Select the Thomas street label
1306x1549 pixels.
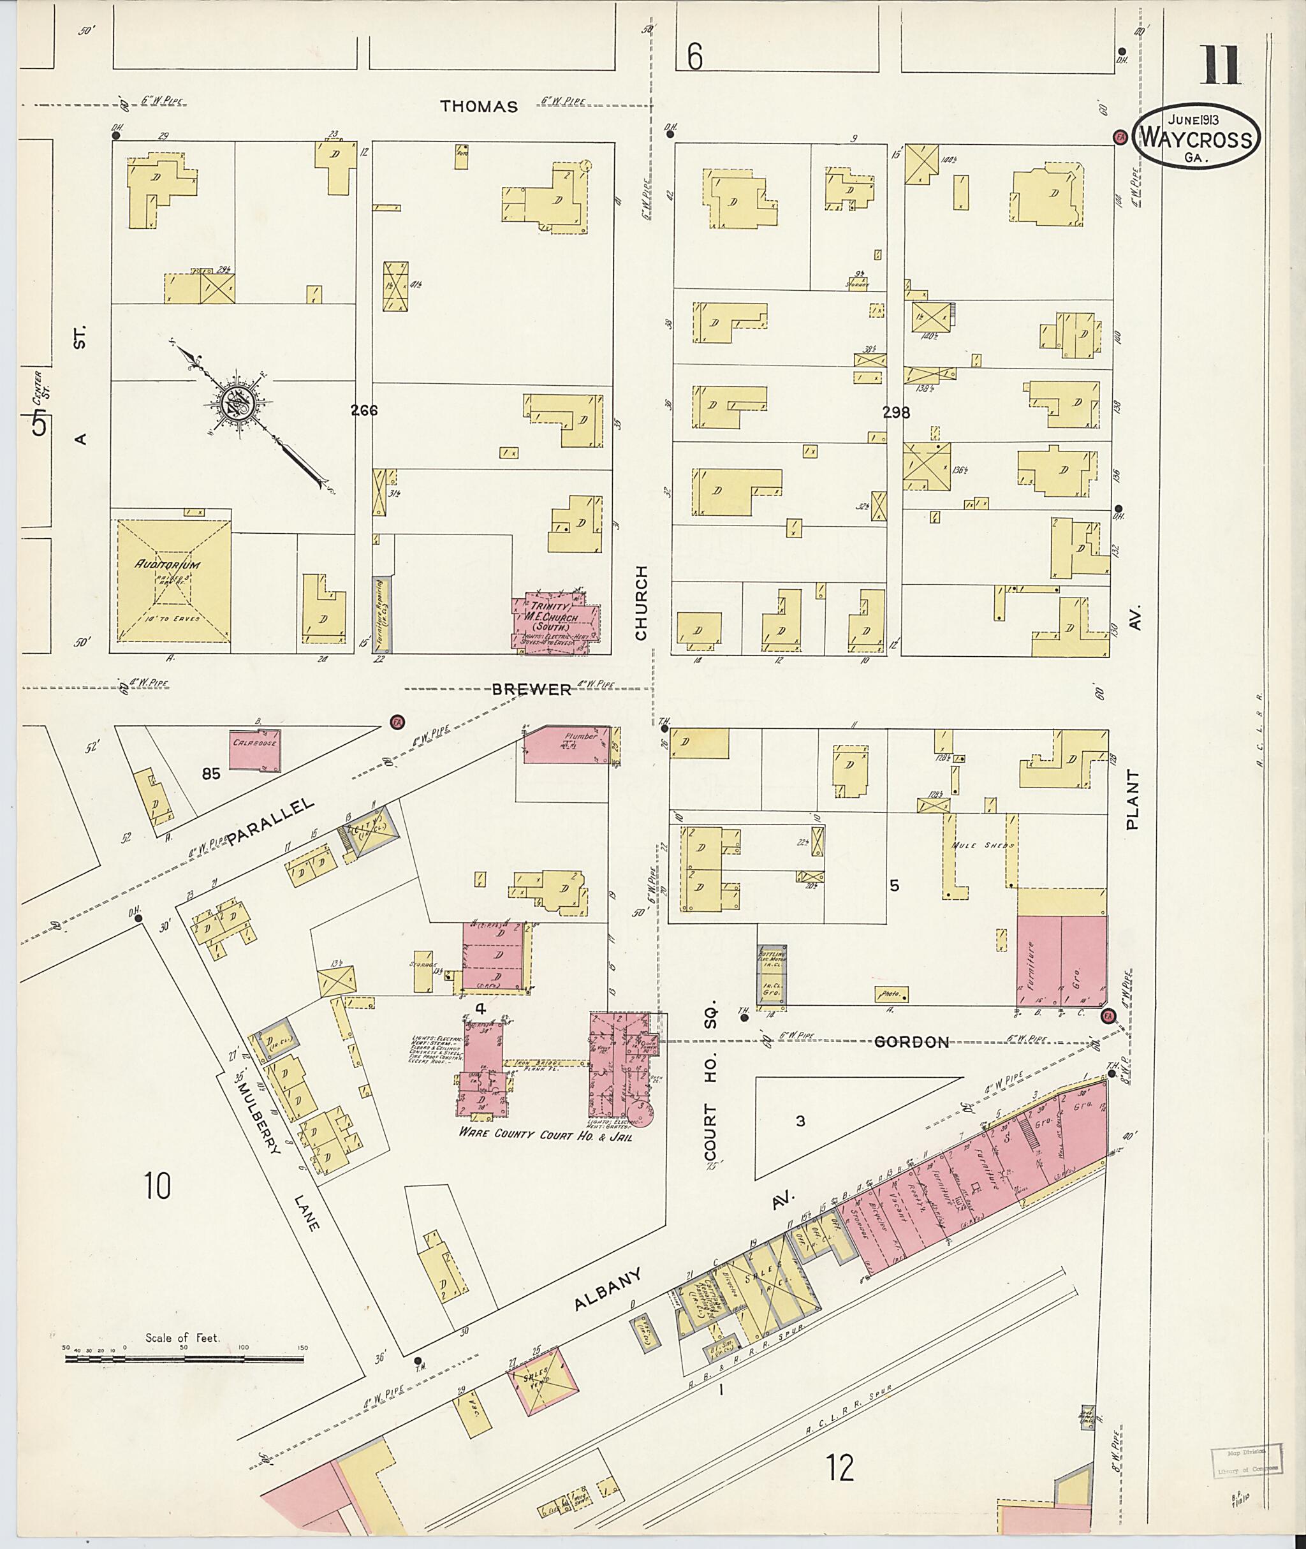[x=478, y=106]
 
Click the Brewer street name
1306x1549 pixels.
[x=532, y=689]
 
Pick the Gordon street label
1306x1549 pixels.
[x=911, y=1043]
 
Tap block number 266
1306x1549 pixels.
[x=364, y=409]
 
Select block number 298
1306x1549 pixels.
[x=895, y=413]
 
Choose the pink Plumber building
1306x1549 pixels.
[x=566, y=745]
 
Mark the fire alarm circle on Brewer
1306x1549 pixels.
[x=396, y=721]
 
